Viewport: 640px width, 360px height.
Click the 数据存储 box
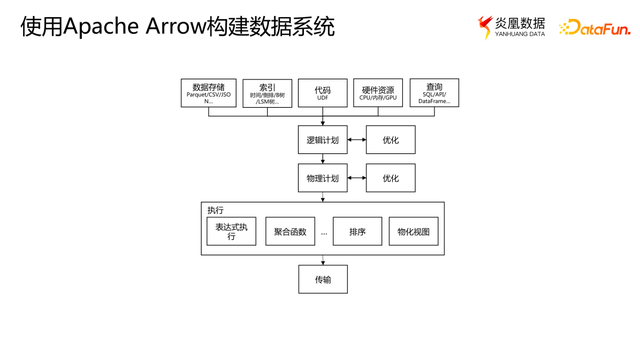(x=208, y=93)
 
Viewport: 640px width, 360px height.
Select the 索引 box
(x=267, y=93)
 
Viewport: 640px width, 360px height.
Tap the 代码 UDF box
(x=322, y=93)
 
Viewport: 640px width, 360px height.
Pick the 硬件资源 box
(x=378, y=93)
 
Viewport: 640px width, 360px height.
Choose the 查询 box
(x=434, y=93)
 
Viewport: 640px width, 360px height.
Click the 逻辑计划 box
(x=322, y=140)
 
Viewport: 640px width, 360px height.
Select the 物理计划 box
(x=322, y=178)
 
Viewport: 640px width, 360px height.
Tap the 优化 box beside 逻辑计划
(x=390, y=140)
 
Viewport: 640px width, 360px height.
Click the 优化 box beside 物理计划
(x=390, y=178)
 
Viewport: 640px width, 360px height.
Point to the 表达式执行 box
(x=231, y=231)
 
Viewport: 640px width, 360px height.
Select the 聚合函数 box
(x=290, y=231)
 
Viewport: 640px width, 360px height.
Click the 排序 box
(x=357, y=231)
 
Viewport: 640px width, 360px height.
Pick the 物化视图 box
(x=413, y=231)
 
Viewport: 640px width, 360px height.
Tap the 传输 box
(x=322, y=279)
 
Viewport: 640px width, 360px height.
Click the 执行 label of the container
(x=216, y=210)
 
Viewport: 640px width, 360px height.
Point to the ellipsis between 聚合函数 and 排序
(x=324, y=233)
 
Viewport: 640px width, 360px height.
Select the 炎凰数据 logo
(x=512, y=27)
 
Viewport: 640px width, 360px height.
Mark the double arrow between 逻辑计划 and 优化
(x=357, y=140)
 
